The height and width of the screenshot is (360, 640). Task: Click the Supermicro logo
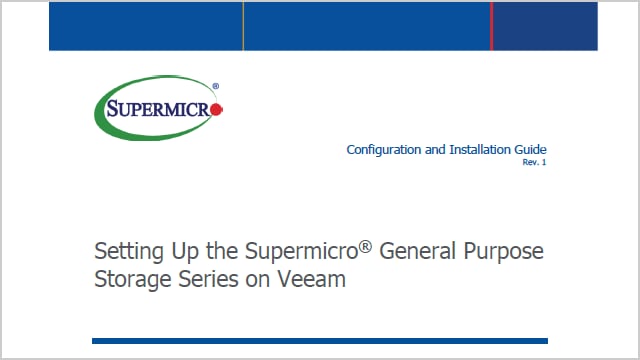pyautogui.click(x=158, y=109)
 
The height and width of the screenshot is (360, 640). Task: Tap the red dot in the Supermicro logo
pyautogui.click(x=217, y=109)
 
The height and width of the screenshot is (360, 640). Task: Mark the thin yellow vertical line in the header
pyautogui.click(x=243, y=25)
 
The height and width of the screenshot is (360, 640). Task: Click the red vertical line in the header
pyautogui.click(x=491, y=25)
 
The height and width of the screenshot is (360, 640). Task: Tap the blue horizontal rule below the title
pyautogui.click(x=319, y=340)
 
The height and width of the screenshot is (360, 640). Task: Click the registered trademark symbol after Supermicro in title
pyautogui.click(x=366, y=243)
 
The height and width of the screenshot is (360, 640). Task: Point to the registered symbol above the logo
pyautogui.click(x=216, y=86)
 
